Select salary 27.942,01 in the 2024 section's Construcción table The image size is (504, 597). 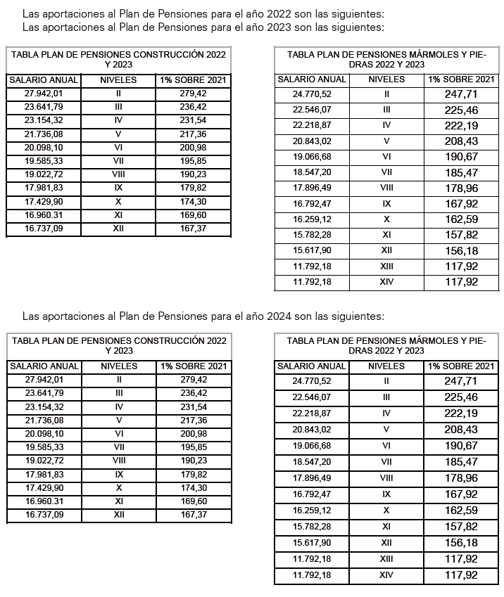coord(44,380)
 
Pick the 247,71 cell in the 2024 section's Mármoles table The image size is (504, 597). coord(461,380)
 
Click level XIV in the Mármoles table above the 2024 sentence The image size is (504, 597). coord(386,282)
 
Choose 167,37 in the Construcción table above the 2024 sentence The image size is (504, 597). coord(194,229)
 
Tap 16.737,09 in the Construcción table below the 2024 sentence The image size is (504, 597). coord(44,515)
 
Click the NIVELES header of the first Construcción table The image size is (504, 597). coord(118,80)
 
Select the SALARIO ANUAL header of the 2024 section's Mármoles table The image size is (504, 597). coord(311,366)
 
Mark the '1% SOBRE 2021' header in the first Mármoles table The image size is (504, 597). coord(461,79)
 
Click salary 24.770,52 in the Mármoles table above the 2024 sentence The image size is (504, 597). coord(311,94)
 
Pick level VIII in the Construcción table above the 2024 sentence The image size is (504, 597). coord(118,174)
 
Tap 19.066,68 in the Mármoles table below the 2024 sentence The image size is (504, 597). coord(311,445)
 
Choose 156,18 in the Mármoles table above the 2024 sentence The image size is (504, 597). coord(461,251)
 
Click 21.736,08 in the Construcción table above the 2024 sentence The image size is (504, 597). coord(44,134)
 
